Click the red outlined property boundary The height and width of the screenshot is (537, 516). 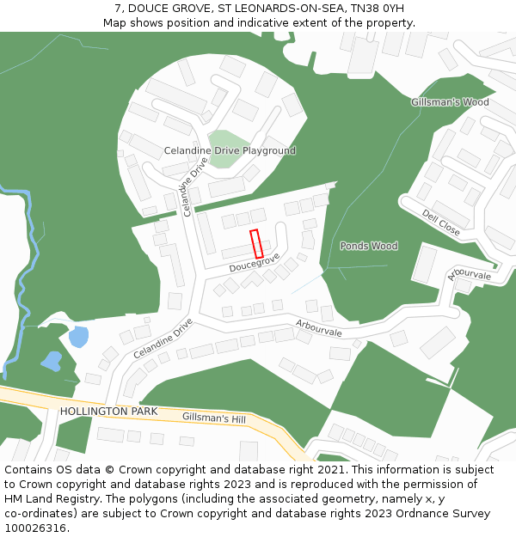coord(256,244)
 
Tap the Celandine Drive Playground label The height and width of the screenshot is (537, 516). coord(230,151)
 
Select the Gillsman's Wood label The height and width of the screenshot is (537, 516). coord(450,102)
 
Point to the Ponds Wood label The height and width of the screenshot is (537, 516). coord(369,246)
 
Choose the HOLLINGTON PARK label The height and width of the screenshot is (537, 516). coord(108,412)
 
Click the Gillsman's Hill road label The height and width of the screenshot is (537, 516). coord(214,418)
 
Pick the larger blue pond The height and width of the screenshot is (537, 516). coord(78,336)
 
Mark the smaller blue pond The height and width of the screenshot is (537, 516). coord(51,361)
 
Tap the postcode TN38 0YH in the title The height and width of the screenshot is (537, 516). coord(377,9)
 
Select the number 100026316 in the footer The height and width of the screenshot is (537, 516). coord(35,528)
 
